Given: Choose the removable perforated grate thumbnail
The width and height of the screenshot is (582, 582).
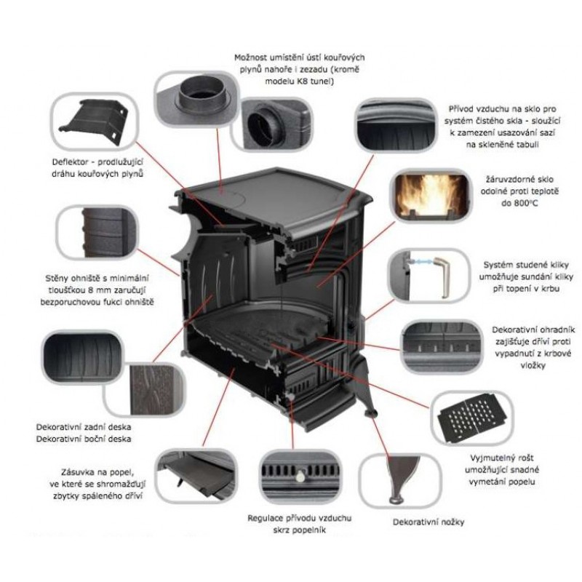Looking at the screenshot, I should (x=470, y=422).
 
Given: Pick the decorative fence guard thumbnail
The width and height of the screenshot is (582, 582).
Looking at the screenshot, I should (x=436, y=346).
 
